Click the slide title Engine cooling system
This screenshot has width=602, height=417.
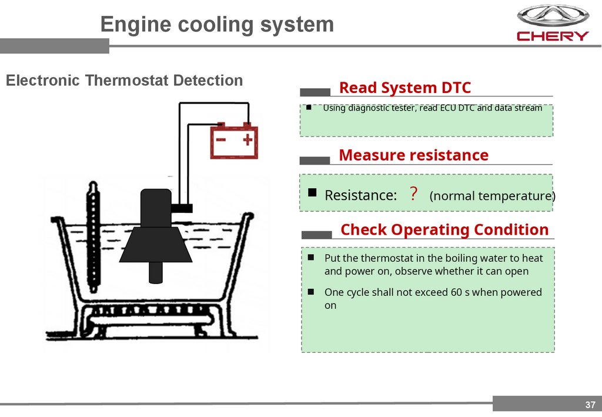pos(217,25)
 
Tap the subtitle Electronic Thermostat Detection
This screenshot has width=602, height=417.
pos(124,81)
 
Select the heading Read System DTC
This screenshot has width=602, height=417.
pos(405,88)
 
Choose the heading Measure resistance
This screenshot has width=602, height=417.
pos(413,155)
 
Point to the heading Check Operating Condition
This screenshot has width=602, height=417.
pos(444,229)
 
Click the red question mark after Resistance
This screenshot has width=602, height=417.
pos(413,194)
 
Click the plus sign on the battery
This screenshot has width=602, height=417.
pos(248,140)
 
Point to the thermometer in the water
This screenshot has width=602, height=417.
pos(92,235)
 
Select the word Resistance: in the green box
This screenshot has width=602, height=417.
pos(360,195)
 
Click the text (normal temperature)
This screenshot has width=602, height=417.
pos(492,196)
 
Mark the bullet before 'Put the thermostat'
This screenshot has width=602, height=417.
pos(311,258)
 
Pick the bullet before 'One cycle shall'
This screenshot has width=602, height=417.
pos(311,292)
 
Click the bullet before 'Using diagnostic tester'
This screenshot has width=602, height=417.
pos(308,108)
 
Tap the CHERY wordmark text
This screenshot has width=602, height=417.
pos(552,36)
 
